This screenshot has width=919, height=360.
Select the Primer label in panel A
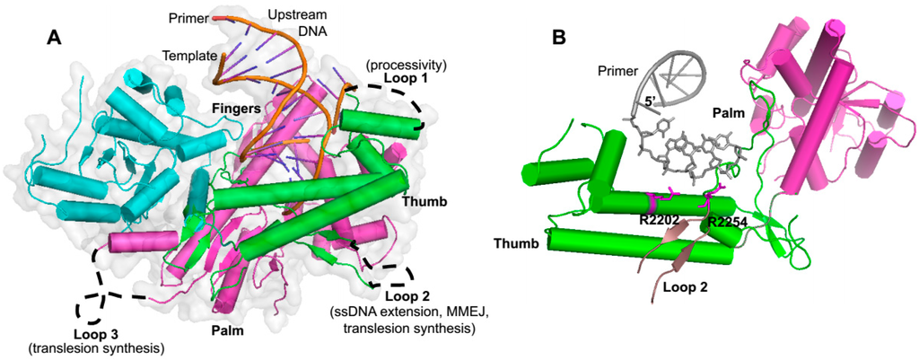click(x=188, y=17)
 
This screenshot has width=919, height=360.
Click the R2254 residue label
click(x=727, y=222)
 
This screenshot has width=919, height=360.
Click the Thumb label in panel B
click(x=519, y=243)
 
